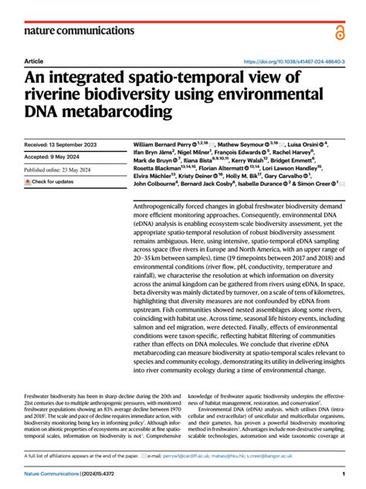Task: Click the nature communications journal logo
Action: (69, 31)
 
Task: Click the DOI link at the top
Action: (293, 61)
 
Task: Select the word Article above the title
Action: (34, 60)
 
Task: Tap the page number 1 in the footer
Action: (342, 474)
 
